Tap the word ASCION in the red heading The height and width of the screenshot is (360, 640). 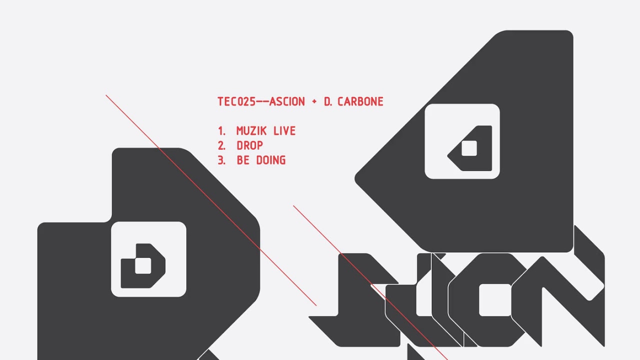click(x=287, y=101)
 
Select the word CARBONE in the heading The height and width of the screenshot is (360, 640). click(x=360, y=101)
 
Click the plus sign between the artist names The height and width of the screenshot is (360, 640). click(x=314, y=101)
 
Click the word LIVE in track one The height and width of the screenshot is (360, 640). click(x=284, y=131)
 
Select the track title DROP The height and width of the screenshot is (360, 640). click(x=249, y=145)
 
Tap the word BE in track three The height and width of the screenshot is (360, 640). click(x=243, y=160)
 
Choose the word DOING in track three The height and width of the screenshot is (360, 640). click(x=270, y=160)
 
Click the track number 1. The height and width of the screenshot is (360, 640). click(x=221, y=131)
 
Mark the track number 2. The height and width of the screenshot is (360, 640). click(x=221, y=145)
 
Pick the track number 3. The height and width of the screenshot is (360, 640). click(x=221, y=160)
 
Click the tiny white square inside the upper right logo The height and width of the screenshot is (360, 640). click(x=469, y=148)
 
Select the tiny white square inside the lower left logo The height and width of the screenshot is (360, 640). click(x=143, y=266)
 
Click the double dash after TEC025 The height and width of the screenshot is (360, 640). click(x=262, y=101)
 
